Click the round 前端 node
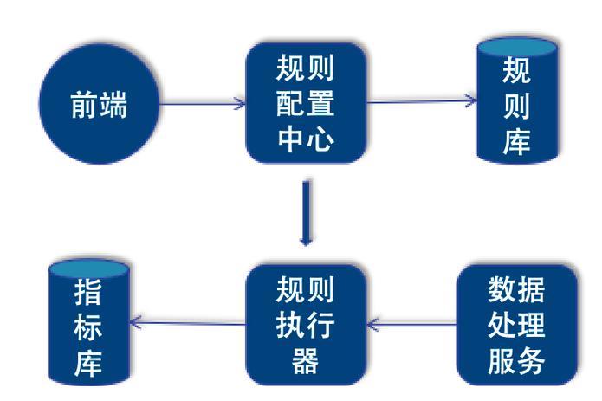[98, 107]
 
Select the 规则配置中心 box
[304, 103]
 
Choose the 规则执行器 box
[304, 324]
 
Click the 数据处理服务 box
[515, 324]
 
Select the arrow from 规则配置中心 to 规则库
[421, 101]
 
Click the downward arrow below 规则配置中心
[304, 212]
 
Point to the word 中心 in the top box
[304, 139]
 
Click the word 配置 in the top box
[304, 103]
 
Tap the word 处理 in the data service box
[515, 324]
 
